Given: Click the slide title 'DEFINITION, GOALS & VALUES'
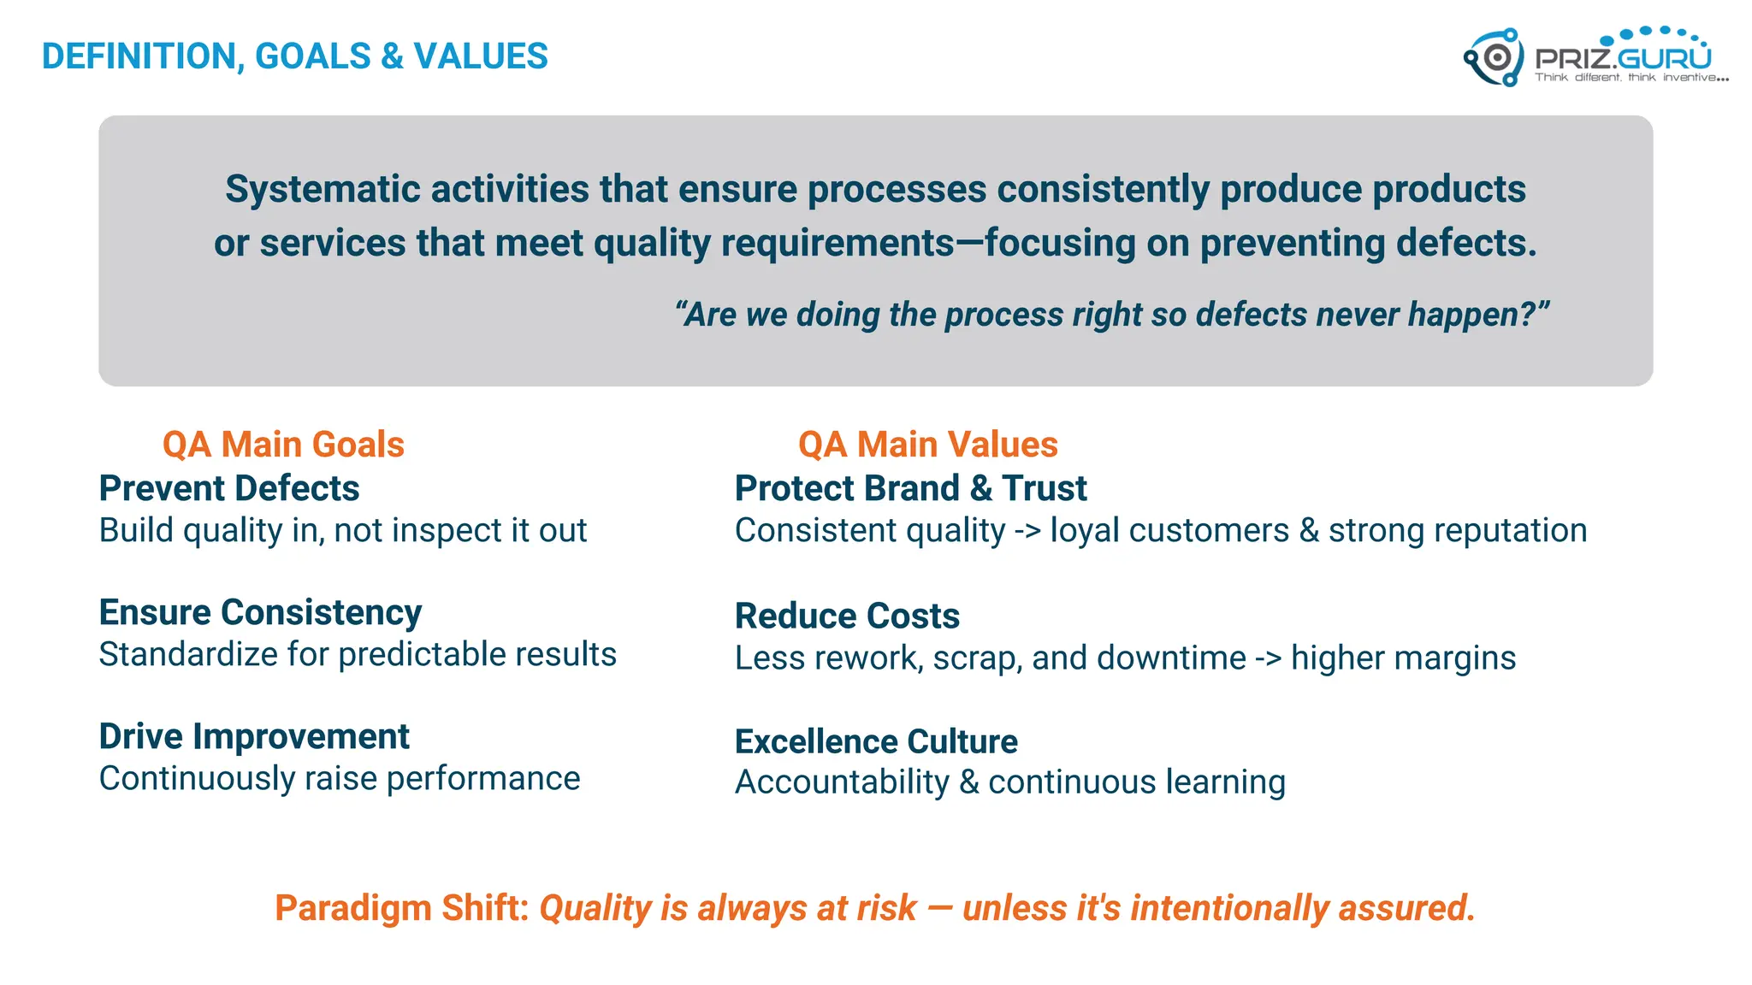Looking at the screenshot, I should coord(294,56).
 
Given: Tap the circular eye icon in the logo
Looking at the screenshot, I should coord(1496,58).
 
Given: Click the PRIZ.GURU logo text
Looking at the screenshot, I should coord(1623,58).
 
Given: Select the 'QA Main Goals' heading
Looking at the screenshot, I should coord(283,445).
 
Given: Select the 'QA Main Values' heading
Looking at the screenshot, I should coord(927,445).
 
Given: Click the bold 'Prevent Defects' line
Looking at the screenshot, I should coord(229,488).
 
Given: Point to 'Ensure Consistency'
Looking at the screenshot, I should coord(260,612).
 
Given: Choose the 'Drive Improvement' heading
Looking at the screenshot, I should coord(254,736).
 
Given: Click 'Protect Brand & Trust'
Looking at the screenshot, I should coord(910,488).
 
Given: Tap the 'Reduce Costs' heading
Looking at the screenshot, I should coord(847,616).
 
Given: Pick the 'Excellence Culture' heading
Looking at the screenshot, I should coord(876,741).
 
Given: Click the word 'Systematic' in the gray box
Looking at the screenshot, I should coord(322,189).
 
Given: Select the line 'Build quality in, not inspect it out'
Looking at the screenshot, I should coord(342,531).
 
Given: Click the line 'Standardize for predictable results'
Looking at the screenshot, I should coord(358,655).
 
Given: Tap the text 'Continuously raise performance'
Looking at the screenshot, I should coord(340,779).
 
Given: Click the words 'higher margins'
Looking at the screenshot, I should coord(1403,658).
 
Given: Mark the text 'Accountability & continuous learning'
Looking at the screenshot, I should coord(1009,782).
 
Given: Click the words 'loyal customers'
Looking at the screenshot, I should coord(1169,531).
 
